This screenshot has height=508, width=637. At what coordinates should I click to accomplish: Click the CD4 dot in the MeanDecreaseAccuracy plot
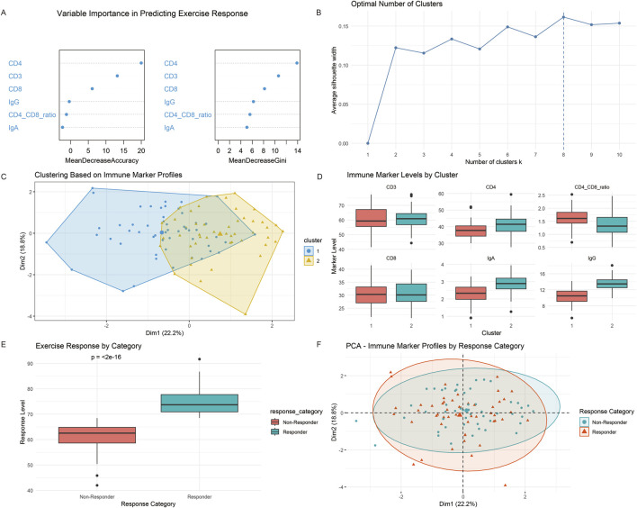141,63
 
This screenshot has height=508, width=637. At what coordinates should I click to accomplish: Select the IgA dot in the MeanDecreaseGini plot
247,127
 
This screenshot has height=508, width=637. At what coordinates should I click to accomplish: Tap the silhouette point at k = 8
563,17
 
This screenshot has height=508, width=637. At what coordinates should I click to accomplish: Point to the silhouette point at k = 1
368,143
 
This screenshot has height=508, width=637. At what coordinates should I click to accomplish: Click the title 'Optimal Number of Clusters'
397,5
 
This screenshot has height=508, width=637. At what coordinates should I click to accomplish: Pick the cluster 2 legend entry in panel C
312,260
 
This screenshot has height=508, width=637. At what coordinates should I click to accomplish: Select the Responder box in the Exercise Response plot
200,403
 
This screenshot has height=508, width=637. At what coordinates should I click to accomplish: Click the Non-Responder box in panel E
97,435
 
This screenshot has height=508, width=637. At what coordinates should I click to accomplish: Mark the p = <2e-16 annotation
105,357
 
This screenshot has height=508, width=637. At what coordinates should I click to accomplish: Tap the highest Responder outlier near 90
200,358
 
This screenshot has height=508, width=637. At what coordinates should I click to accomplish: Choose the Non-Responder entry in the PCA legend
606,422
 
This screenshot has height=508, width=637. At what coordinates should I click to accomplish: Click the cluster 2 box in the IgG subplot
612,284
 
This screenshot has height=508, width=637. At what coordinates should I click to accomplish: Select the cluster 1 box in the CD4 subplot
471,231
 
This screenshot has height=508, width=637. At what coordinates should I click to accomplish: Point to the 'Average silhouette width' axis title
334,80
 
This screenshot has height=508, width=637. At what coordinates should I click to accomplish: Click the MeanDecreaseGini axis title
257,160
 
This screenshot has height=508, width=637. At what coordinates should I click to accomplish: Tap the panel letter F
318,345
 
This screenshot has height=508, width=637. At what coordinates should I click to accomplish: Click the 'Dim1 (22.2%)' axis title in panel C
165,332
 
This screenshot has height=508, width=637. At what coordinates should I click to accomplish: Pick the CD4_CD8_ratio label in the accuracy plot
32,115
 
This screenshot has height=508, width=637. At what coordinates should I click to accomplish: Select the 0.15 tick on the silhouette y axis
344,26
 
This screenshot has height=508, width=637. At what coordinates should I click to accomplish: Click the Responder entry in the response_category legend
289,432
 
